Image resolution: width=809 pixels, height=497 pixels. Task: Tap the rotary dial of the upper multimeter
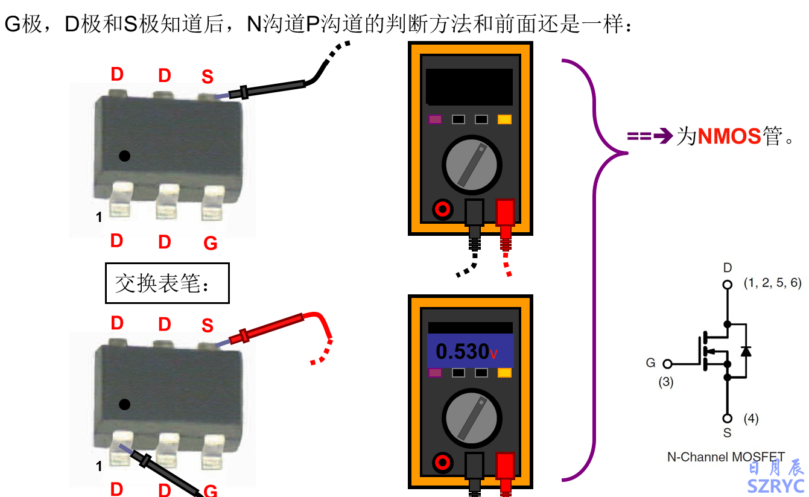tap(471, 164)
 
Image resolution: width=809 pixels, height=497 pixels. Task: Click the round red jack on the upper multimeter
tap(442, 209)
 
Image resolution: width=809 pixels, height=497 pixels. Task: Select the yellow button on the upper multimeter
tap(504, 119)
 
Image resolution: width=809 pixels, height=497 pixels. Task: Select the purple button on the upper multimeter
tap(435, 119)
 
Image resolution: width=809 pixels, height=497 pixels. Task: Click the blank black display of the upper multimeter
tap(469, 86)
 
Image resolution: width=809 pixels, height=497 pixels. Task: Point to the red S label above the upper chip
tap(208, 77)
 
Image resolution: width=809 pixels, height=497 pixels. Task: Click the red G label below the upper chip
tap(210, 243)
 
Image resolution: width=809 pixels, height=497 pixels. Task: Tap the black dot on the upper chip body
tap(124, 156)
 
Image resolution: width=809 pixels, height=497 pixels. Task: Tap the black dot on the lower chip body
tap(124, 404)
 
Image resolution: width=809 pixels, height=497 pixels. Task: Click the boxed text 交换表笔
tap(167, 283)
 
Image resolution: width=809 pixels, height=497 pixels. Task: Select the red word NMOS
tap(729, 137)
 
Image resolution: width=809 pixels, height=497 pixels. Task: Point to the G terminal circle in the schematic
tap(667, 364)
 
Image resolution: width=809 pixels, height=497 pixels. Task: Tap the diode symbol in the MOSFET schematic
tap(746, 350)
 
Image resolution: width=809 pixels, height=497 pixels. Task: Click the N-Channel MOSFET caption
tap(726, 457)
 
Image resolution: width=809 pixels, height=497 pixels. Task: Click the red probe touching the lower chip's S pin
tap(268, 329)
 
